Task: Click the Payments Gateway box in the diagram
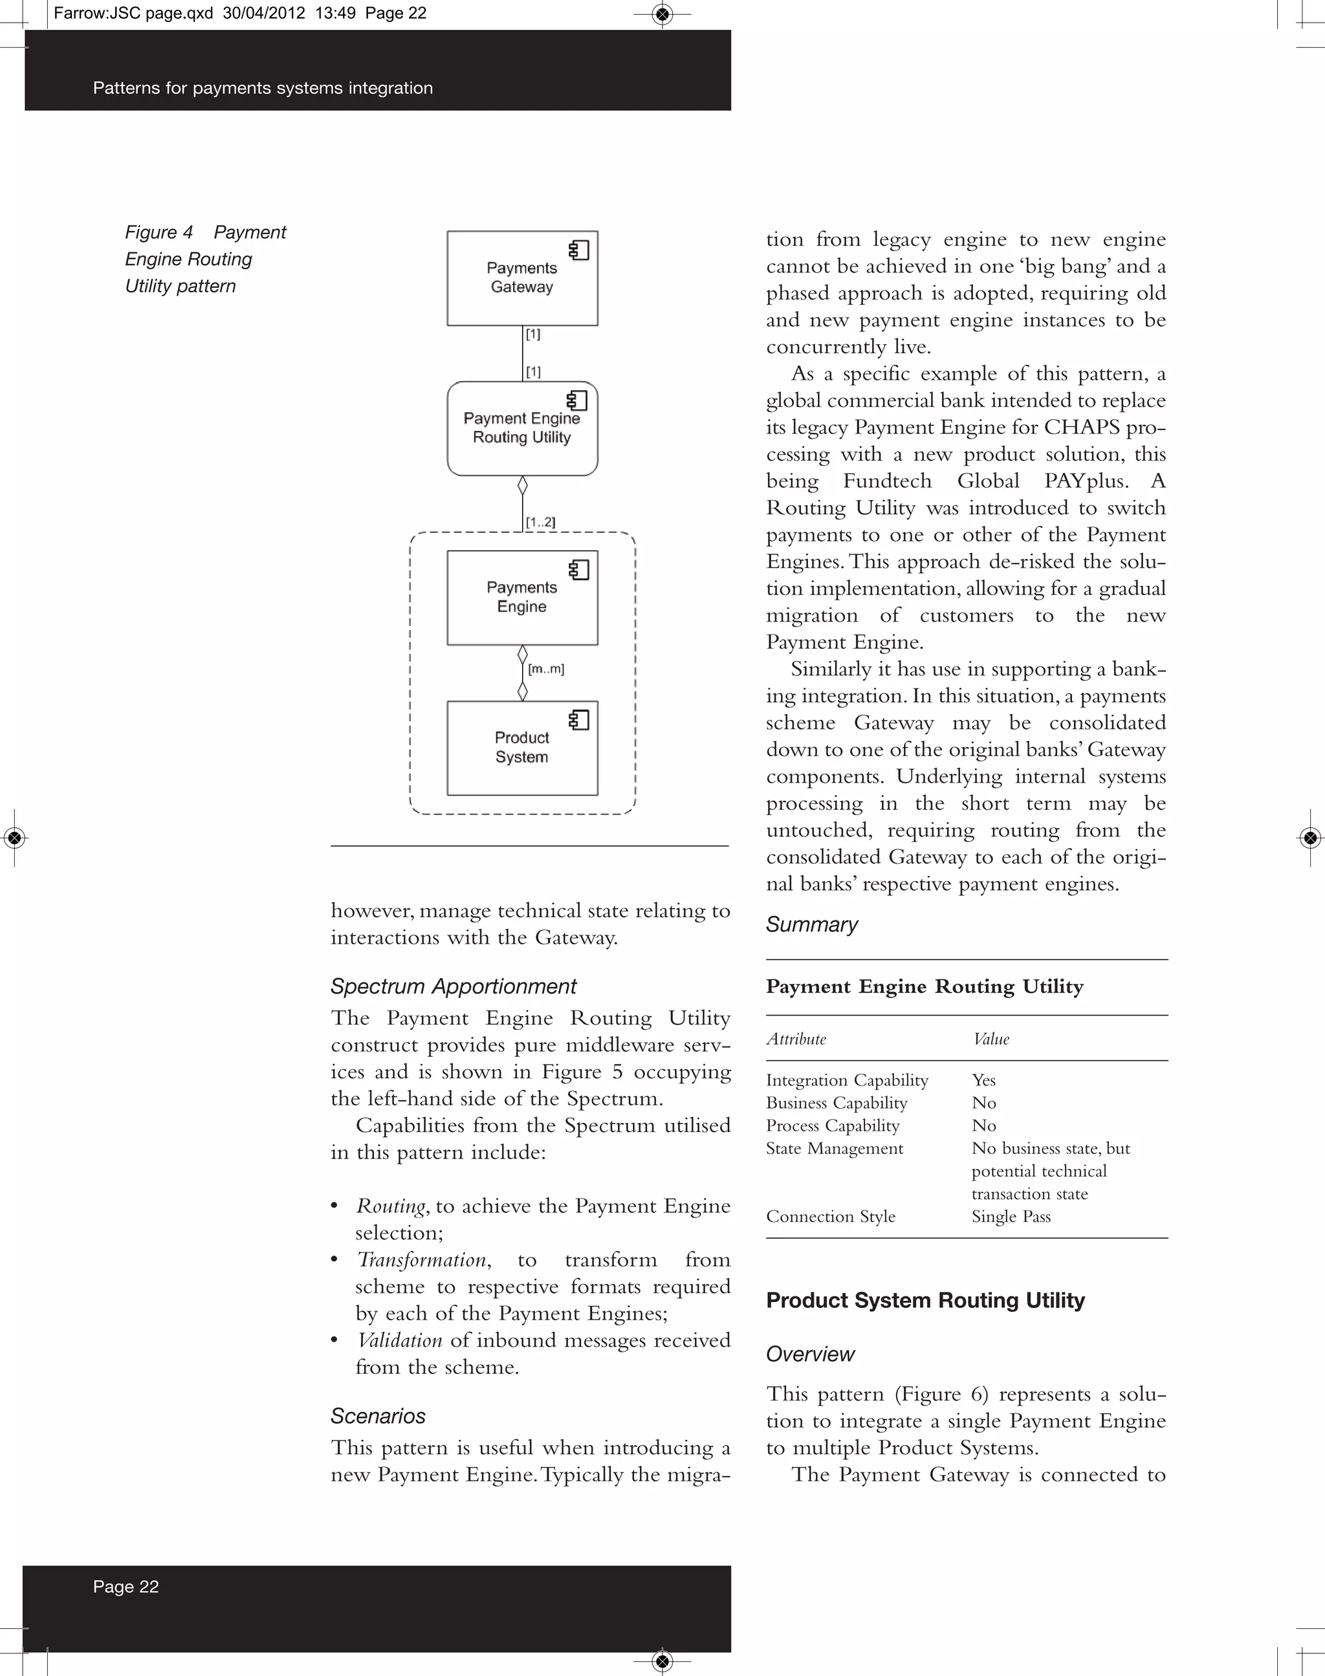pos(521,278)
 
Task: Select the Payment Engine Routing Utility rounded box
pos(521,428)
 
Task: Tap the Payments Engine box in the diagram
pos(521,597)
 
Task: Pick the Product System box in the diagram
pos(521,748)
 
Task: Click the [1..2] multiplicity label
pos(541,522)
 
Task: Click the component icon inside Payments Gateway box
pos(579,250)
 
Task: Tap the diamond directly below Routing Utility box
pos(522,486)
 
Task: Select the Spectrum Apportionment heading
pos(453,986)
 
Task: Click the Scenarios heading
pos(378,1416)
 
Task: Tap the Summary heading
pos(811,924)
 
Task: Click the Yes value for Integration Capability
pos(983,1080)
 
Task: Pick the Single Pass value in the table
pos(1011,1217)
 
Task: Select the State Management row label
pos(834,1149)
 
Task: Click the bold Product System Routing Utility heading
pos(925,1301)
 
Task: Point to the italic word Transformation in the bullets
pos(421,1260)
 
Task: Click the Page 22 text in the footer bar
pos(126,1587)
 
